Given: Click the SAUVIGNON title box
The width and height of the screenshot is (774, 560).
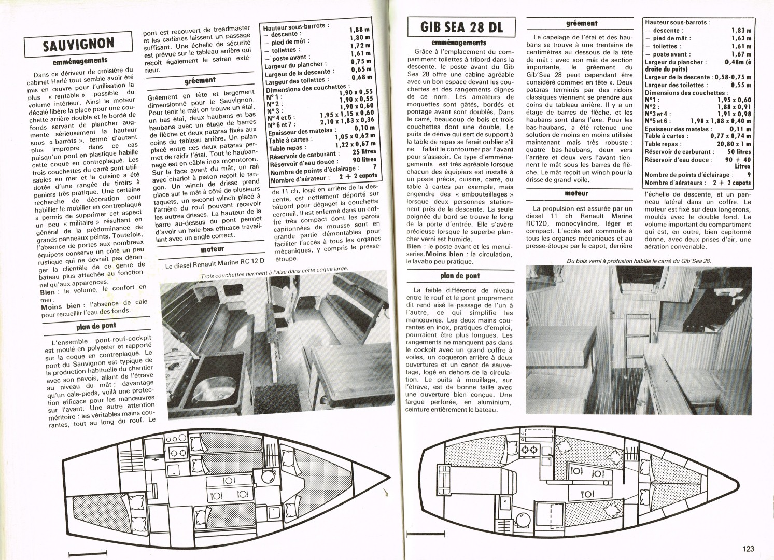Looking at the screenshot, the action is [x=78, y=44].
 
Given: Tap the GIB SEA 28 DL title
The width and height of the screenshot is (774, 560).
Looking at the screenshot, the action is [x=461, y=27].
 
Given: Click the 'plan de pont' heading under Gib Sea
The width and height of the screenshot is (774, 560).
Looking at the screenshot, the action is [x=459, y=276].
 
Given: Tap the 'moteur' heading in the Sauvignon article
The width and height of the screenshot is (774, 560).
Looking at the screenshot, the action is [x=213, y=249].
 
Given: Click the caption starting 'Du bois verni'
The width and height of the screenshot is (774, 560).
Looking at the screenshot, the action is [x=639, y=261].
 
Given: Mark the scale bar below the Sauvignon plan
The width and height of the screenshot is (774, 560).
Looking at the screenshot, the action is [x=88, y=553].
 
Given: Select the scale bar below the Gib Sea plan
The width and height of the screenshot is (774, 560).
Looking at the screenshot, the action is [x=426, y=525].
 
